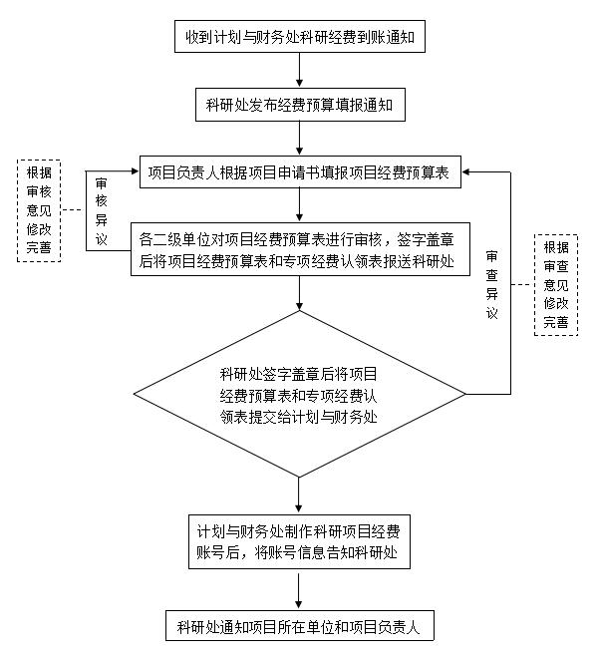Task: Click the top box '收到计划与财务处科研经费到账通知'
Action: coord(300,37)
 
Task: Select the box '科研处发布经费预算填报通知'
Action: coord(300,105)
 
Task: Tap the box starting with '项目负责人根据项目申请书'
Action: coord(300,172)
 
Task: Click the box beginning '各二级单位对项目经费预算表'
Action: coord(300,249)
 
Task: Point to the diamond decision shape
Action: coord(299,394)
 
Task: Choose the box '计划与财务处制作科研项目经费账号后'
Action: coord(299,541)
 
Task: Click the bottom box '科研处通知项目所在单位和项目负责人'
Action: coord(299,625)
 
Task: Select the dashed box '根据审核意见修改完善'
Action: coord(39,210)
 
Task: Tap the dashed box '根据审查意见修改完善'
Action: coord(556,285)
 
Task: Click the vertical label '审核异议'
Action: coord(101,211)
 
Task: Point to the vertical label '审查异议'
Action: coord(491,285)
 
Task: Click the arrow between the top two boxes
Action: coord(299,70)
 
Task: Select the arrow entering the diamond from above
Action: coord(299,293)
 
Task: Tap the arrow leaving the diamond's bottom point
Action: coord(299,494)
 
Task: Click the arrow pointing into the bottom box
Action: coord(299,591)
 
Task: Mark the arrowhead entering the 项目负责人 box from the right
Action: coord(465,171)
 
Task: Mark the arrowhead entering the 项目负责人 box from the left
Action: coord(135,170)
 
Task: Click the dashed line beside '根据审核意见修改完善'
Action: coord(74,209)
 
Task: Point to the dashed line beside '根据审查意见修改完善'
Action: coord(522,285)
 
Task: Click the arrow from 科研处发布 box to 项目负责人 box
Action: coord(299,139)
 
